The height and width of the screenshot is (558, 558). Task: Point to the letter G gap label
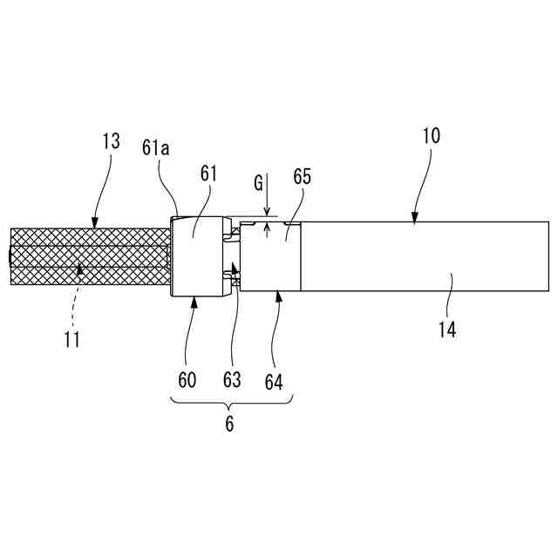(258, 184)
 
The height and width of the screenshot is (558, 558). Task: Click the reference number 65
(302, 176)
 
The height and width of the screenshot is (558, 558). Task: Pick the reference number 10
(432, 136)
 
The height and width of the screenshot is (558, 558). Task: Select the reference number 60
(187, 379)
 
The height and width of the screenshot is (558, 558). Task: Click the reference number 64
(274, 379)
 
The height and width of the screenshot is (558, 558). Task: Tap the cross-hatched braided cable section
(87, 257)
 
